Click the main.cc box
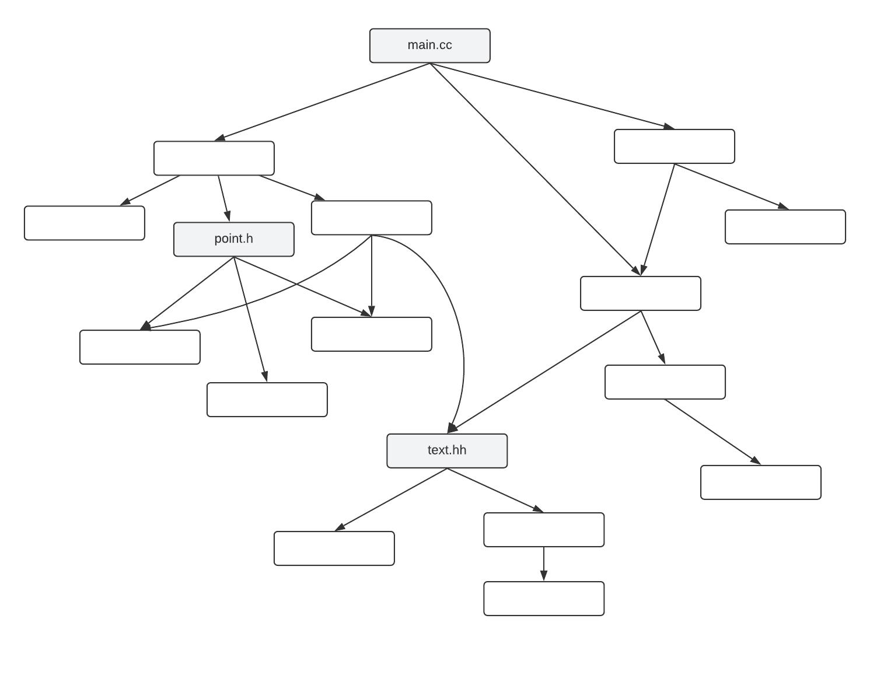click(429, 46)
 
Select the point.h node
click(233, 239)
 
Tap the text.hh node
click(447, 450)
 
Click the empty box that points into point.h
click(214, 158)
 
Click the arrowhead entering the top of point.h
click(228, 216)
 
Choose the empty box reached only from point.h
click(267, 400)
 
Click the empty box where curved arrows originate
click(371, 218)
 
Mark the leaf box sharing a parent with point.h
click(84, 223)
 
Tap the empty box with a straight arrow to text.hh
click(640, 293)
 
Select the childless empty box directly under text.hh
click(334, 548)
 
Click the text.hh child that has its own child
click(543, 530)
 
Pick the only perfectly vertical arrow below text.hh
click(543, 564)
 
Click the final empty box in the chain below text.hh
click(543, 599)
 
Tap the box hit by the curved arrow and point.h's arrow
click(139, 347)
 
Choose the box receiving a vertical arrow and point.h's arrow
click(371, 334)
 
